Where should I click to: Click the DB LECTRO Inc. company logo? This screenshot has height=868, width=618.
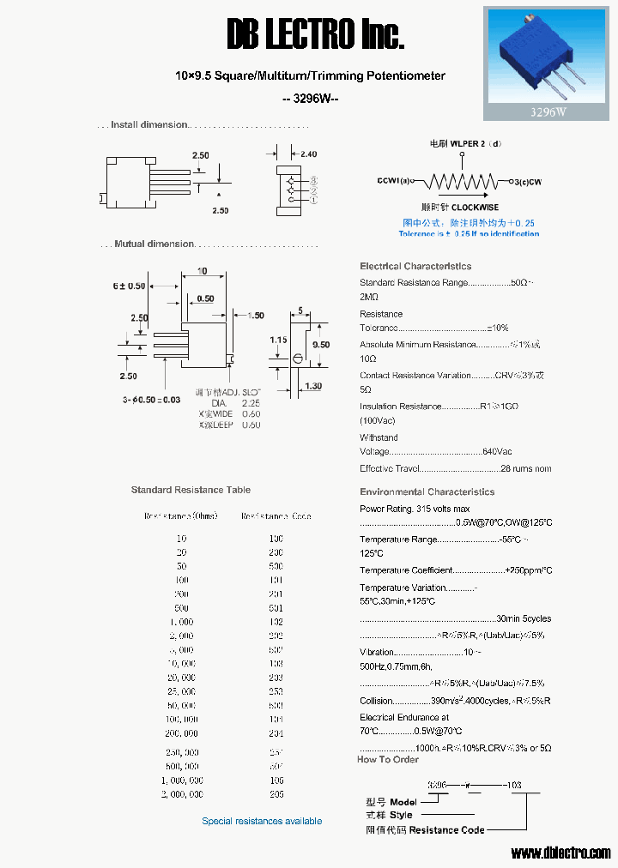tap(315, 35)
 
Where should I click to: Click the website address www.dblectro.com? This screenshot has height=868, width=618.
tap(560, 853)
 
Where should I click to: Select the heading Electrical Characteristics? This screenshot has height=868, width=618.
tap(415, 266)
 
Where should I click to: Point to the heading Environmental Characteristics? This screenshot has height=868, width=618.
tap(427, 491)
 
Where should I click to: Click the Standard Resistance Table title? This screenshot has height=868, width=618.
tap(191, 490)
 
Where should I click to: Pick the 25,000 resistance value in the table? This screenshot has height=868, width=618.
tap(181, 690)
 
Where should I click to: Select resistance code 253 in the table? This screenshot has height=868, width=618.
tap(275, 690)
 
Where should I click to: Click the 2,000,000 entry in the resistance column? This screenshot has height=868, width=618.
tap(181, 794)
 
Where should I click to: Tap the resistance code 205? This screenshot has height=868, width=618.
tap(275, 794)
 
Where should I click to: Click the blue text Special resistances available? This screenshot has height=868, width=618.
tap(262, 821)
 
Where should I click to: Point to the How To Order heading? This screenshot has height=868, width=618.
tap(388, 759)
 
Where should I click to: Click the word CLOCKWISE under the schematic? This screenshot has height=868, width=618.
tap(475, 208)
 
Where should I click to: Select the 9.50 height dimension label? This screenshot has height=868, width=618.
tap(320, 344)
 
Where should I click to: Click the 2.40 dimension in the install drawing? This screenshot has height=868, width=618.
tap(309, 154)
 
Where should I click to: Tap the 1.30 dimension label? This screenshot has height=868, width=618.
tap(312, 387)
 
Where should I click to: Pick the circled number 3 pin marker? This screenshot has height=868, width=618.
tap(314, 180)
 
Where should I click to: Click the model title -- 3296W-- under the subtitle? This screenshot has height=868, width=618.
tap(311, 98)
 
